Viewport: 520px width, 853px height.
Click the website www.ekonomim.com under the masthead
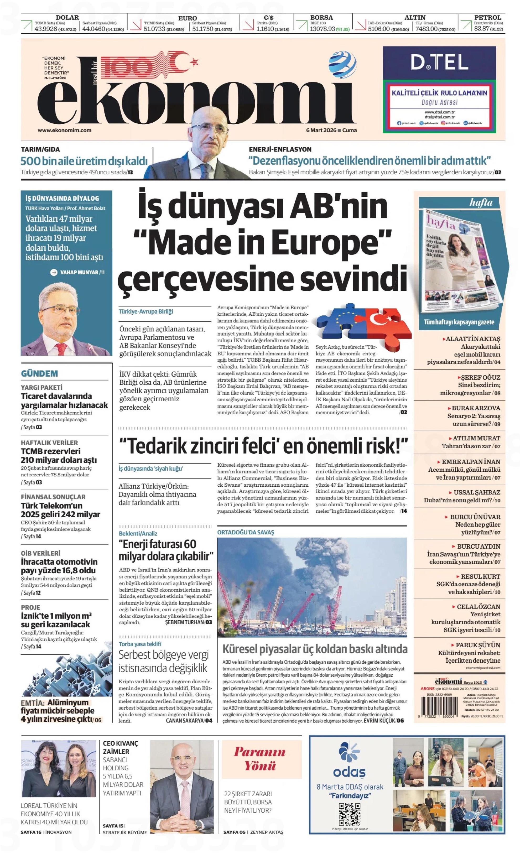pyautogui.click(x=64, y=131)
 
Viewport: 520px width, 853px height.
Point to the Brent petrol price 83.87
pyautogui.click(x=481, y=29)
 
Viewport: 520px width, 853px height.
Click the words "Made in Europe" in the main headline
pyautogui.click(x=262, y=242)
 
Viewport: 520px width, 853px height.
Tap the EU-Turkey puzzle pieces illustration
pyautogui.click(x=363, y=322)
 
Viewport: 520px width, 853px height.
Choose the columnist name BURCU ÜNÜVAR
pyautogui.click(x=475, y=517)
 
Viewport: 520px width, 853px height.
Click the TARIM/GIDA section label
pyautogui.click(x=40, y=149)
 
